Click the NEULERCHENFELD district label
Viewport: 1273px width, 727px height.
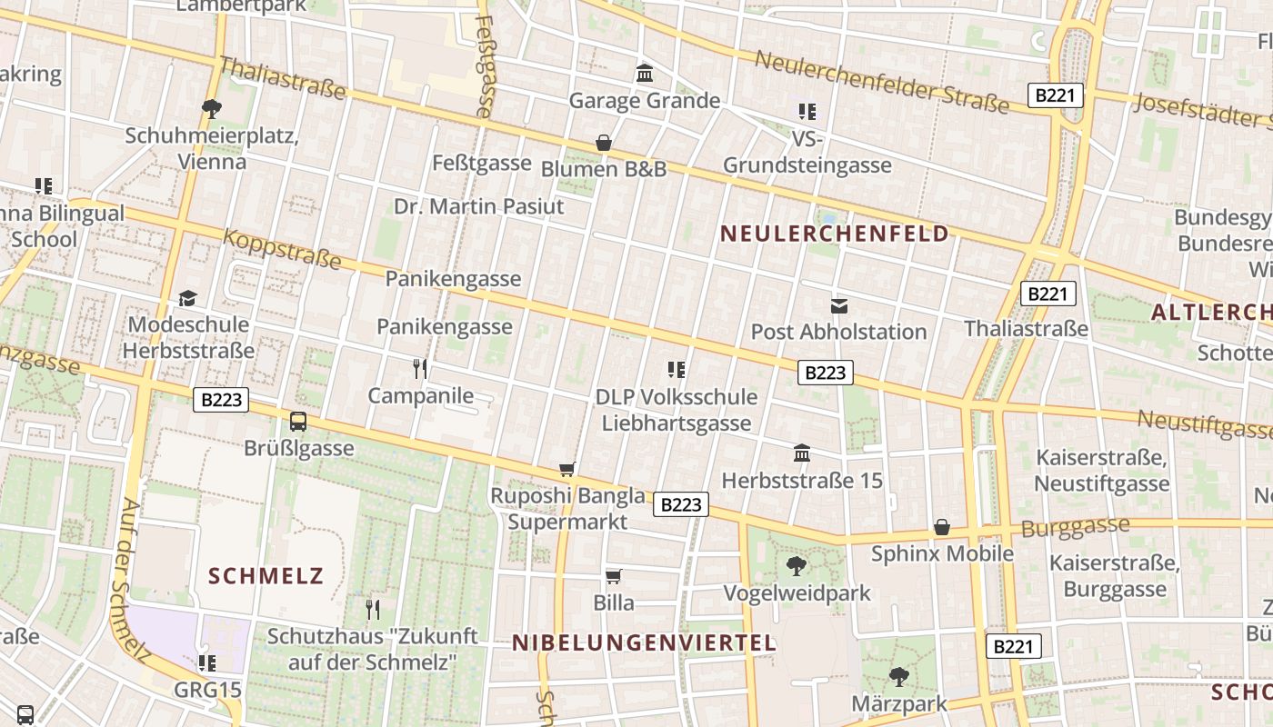click(x=835, y=234)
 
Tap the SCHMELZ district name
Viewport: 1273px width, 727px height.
click(x=266, y=576)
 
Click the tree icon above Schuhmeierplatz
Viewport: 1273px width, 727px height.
click(x=212, y=109)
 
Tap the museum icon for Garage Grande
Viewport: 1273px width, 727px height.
click(x=645, y=73)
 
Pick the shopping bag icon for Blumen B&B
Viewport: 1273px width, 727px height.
click(x=603, y=143)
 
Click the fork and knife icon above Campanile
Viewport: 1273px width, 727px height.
click(x=420, y=368)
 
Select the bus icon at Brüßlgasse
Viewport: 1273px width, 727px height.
click(x=298, y=422)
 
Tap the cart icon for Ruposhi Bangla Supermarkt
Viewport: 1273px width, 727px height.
click(x=567, y=469)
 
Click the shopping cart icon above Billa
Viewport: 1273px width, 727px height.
click(x=614, y=576)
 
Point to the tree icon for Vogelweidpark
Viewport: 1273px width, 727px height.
click(x=797, y=566)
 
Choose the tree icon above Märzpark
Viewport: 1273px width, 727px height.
click(x=898, y=676)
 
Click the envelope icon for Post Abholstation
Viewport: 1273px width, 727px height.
click(x=838, y=305)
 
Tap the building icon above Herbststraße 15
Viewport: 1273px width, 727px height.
click(x=802, y=453)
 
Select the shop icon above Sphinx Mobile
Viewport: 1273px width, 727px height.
click(x=942, y=527)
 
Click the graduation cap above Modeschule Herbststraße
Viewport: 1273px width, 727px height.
click(x=187, y=298)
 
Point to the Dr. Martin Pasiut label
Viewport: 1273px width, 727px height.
click(x=478, y=206)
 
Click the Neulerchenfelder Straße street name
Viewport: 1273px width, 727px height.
click(x=881, y=82)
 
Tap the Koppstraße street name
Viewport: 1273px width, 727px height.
click(x=282, y=249)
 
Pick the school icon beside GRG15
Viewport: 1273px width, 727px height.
click(x=207, y=663)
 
